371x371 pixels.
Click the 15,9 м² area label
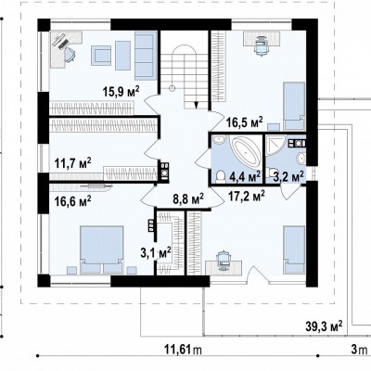pyautogui.click(x=122, y=92)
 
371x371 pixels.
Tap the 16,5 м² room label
pyautogui.click(x=244, y=121)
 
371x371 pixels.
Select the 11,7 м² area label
pyautogui.click(x=73, y=162)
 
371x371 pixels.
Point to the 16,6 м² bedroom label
pyautogui.click(x=72, y=201)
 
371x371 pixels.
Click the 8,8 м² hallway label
pyautogui.click(x=188, y=199)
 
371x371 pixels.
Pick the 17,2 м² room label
pyautogui.click(x=246, y=196)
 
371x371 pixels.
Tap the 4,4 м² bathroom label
pyautogui.click(x=245, y=176)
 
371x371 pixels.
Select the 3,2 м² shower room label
pyautogui.click(x=288, y=176)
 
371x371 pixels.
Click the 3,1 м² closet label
pyautogui.click(x=156, y=253)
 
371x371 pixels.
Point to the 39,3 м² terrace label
pyautogui.click(x=324, y=326)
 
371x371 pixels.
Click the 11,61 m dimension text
pyautogui.click(x=183, y=350)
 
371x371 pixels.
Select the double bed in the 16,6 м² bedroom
pyautogui.click(x=102, y=249)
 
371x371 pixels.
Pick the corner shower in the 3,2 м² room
pyautogui.click(x=275, y=146)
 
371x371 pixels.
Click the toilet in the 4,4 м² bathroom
pyautogui.click(x=221, y=175)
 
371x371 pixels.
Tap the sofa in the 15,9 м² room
pyautogui.click(x=144, y=56)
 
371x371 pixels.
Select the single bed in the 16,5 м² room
pyautogui.click(x=294, y=106)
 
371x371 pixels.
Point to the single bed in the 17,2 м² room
pyautogui.click(x=294, y=249)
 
